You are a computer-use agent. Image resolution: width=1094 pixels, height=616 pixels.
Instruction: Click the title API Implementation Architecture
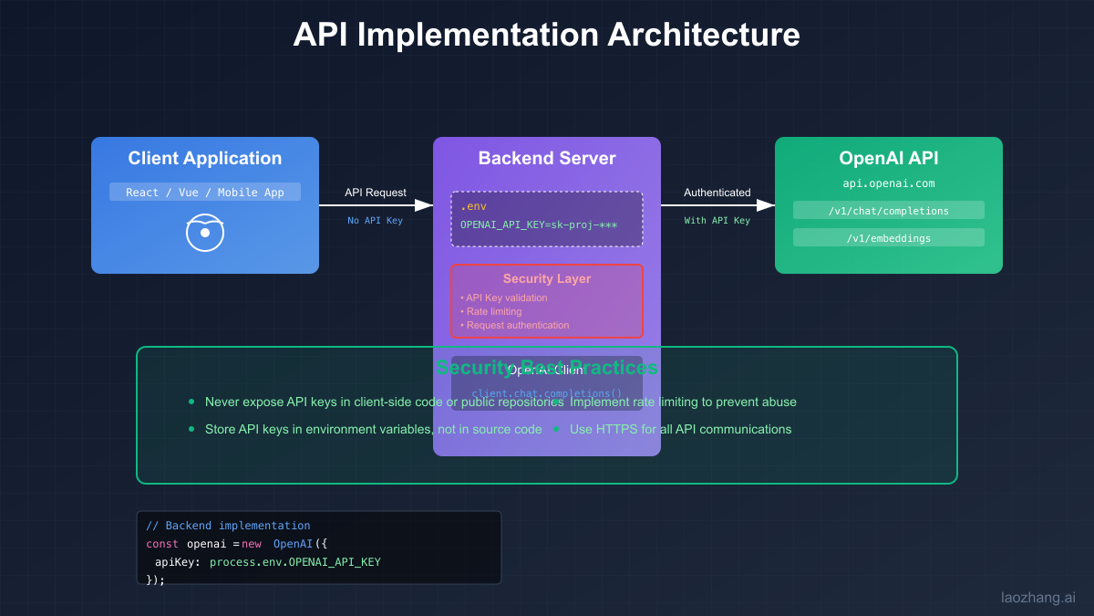(x=546, y=35)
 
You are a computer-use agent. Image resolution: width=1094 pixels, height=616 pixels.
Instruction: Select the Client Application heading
(x=204, y=158)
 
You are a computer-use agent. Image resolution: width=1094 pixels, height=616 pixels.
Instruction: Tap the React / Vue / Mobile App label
(x=204, y=192)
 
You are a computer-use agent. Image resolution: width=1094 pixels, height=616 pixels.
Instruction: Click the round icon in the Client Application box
(x=205, y=233)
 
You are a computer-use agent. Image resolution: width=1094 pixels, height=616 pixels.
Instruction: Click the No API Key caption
(x=375, y=221)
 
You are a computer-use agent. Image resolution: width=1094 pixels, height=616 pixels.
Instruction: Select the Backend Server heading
(x=546, y=158)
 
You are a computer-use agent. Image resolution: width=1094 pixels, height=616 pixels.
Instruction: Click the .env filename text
(x=473, y=206)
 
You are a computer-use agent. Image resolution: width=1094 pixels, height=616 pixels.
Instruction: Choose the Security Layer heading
(x=546, y=278)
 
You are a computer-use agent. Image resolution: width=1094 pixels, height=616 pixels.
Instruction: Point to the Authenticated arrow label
(x=717, y=193)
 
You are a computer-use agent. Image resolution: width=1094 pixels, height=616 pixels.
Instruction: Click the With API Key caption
(x=717, y=221)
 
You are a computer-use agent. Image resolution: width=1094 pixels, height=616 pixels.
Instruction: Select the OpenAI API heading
(x=888, y=158)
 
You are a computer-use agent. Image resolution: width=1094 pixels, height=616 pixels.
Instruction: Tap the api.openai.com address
(x=888, y=183)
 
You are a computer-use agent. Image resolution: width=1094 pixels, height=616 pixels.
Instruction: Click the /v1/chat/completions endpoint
(x=888, y=211)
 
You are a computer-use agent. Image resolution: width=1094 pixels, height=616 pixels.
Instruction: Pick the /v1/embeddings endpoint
(x=888, y=238)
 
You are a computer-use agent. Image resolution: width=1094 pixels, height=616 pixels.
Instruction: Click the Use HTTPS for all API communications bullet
(x=680, y=429)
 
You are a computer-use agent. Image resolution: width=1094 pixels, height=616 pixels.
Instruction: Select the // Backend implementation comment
(x=228, y=526)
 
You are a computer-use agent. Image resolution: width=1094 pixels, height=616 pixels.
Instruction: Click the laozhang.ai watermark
(x=1037, y=598)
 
